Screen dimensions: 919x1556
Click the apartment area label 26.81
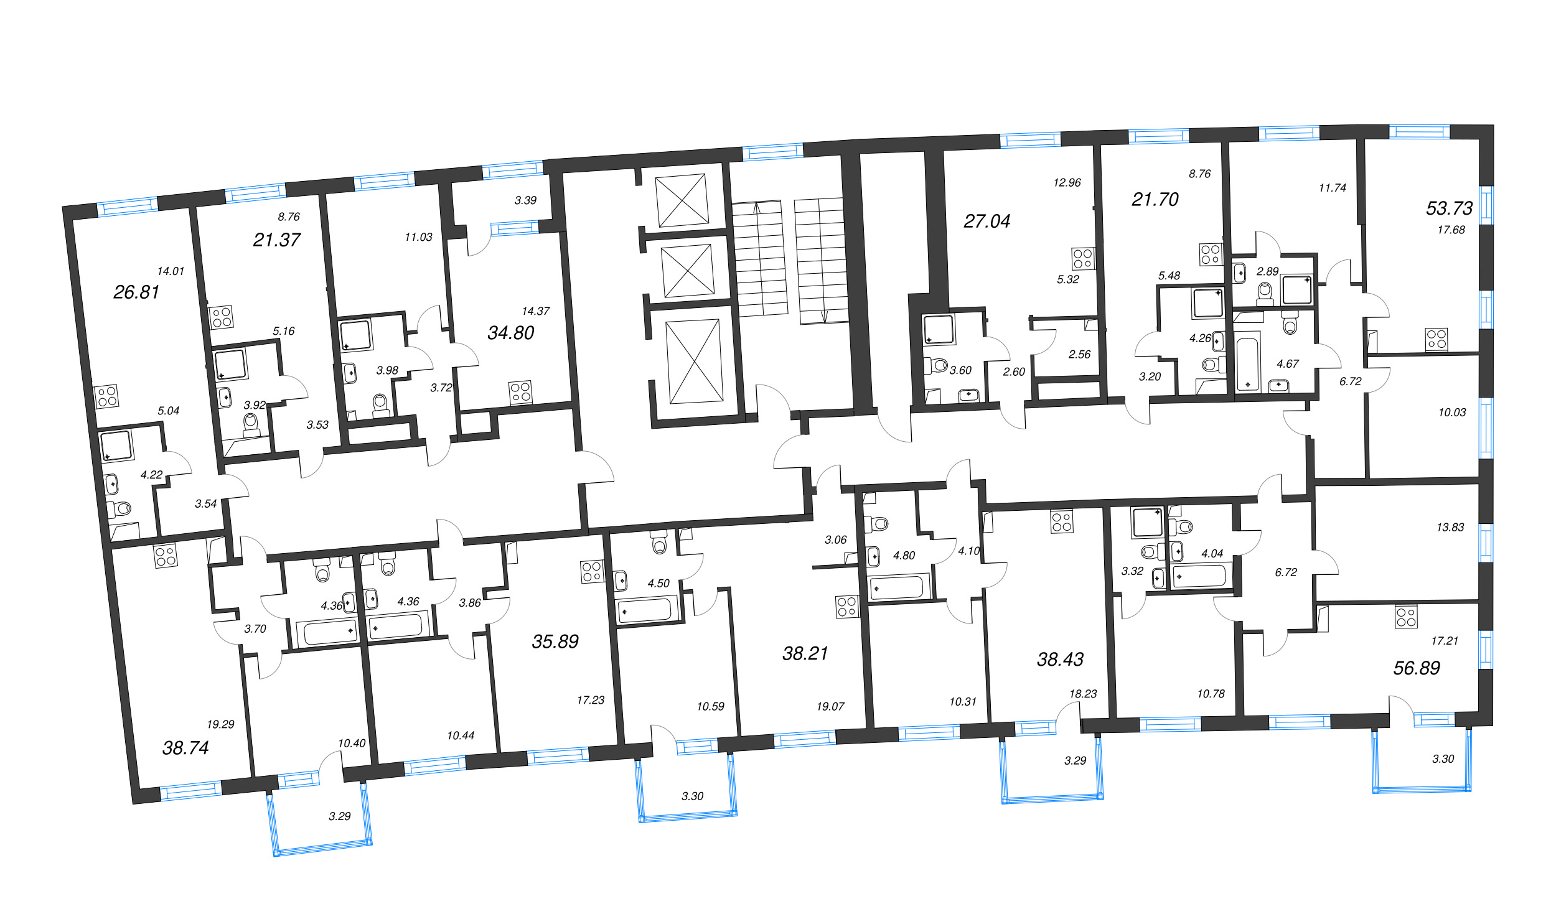136,292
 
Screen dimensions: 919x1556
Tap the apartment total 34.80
511,333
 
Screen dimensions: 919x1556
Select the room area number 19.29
220,724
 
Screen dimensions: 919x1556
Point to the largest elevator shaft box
695,362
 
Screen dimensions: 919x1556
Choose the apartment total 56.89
1417,668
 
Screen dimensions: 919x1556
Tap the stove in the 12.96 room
1083,258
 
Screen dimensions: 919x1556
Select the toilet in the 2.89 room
1265,293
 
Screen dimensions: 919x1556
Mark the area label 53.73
1450,208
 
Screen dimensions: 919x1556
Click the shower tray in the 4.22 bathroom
117,446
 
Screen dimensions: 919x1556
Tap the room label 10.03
1452,412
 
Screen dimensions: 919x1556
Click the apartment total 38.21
805,653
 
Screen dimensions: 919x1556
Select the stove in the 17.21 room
1406,617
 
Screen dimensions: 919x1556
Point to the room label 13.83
1450,527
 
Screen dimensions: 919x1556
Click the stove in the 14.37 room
520,392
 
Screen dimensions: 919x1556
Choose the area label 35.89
555,641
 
